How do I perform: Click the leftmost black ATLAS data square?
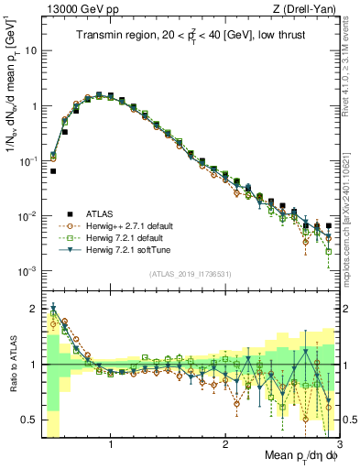(53, 170)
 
